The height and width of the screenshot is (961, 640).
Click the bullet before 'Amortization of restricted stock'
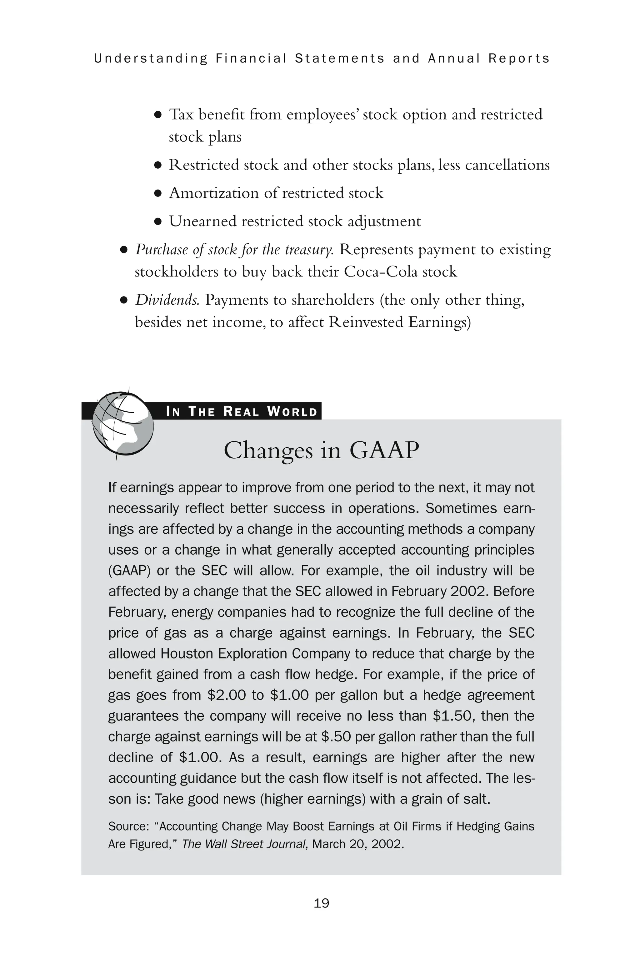(x=158, y=194)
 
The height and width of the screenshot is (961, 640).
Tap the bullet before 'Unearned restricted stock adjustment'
(x=158, y=222)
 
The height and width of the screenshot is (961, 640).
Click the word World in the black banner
(x=292, y=411)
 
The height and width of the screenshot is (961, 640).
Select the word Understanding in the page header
(x=151, y=58)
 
